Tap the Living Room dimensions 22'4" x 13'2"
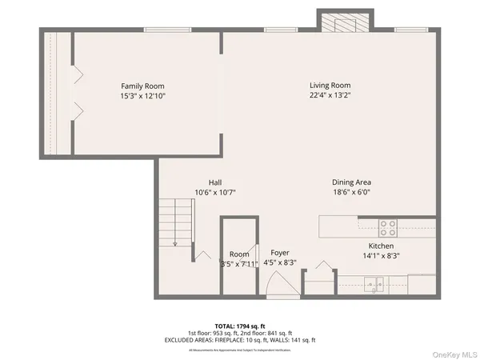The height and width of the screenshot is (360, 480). coord(330,95)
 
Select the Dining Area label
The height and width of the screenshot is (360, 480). coord(351,182)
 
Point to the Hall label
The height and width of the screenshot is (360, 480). coord(215,182)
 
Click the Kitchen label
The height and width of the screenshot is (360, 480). coord(383,246)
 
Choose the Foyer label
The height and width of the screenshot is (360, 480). coord(279,252)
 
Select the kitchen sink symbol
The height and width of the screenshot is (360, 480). coord(374,283)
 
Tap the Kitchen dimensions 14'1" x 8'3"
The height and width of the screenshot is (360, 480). coord(383,256)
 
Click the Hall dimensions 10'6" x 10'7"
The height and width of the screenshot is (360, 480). coord(215,192)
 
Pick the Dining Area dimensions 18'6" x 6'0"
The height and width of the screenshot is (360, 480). coord(351,192)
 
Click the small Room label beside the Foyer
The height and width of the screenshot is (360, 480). coord(239,254)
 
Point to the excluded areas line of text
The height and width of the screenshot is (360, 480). coord(252,340)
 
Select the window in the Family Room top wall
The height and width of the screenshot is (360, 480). coord(166,30)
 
